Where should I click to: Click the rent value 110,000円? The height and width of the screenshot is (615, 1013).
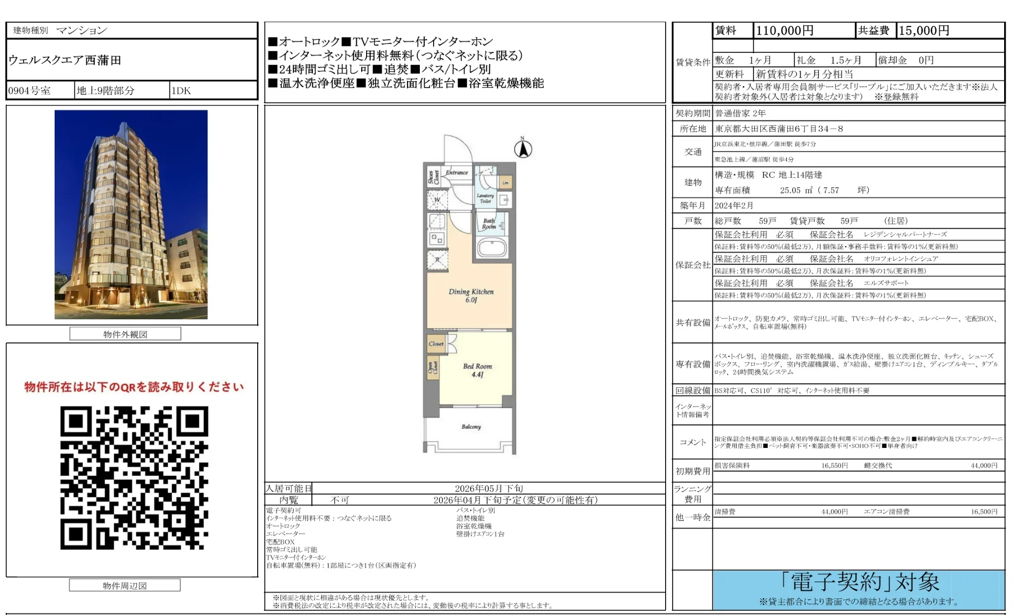click(784, 31)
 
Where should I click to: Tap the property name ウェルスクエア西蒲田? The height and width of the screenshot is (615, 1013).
click(65, 60)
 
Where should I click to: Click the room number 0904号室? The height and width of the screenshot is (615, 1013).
click(30, 91)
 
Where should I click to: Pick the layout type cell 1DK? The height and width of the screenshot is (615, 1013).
click(181, 91)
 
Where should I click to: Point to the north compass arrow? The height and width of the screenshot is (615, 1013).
click(523, 149)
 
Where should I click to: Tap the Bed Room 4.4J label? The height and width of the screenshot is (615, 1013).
click(477, 370)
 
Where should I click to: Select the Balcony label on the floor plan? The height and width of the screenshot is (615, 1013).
click(471, 427)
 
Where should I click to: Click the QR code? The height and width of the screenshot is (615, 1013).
click(134, 478)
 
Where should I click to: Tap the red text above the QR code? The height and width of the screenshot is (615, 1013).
click(134, 387)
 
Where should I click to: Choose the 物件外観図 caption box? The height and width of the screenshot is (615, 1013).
click(125, 334)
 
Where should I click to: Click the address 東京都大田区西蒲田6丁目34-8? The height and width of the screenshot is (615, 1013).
click(779, 129)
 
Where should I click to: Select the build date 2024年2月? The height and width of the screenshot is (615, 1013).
click(734, 205)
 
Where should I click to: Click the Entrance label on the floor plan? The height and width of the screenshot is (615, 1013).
click(457, 172)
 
